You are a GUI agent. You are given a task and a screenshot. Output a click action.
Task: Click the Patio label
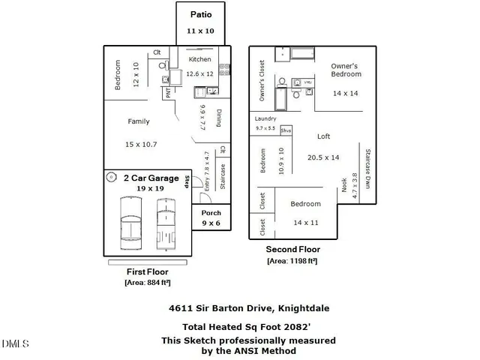[200, 14]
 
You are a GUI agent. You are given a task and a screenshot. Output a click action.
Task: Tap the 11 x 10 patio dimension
[200, 31]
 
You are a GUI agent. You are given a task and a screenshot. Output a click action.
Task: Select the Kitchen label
[199, 59]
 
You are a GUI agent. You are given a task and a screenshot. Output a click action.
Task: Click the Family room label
[138, 121]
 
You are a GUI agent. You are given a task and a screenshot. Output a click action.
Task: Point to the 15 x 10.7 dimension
[141, 144]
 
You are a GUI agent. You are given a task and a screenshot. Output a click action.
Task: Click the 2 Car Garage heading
[151, 178]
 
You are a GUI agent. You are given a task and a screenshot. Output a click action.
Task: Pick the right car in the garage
[166, 223]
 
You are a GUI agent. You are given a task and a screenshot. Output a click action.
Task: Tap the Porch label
[211, 212]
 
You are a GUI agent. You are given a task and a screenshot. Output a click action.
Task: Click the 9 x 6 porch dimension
[211, 223]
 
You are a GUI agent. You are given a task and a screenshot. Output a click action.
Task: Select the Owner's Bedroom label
[345, 70]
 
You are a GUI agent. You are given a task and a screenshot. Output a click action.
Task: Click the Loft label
[324, 136]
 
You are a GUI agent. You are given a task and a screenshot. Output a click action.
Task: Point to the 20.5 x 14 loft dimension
[324, 157]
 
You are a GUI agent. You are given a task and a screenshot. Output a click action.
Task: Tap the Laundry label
[265, 118]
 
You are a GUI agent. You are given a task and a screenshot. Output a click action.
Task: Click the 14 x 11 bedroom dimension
[306, 223]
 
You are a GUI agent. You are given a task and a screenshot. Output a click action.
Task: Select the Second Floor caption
[292, 250]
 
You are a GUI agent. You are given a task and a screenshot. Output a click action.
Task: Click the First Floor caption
[147, 271]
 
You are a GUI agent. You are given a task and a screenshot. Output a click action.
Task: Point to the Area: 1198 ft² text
[292, 261]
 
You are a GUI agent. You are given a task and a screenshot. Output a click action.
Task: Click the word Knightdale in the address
[303, 307]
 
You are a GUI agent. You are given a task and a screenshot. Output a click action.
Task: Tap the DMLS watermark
[15, 344]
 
